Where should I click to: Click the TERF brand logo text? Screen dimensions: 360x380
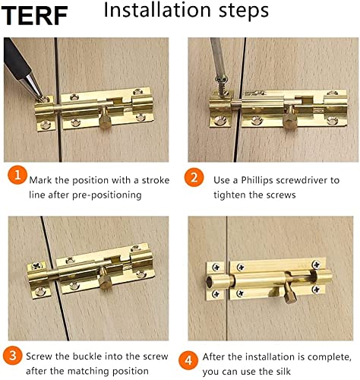[x=34, y=15]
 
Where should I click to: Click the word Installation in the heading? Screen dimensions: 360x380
[x=157, y=10]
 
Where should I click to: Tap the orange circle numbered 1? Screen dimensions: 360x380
[x=17, y=175]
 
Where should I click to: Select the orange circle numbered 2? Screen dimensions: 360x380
[x=194, y=177]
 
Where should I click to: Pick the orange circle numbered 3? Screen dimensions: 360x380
[x=13, y=355]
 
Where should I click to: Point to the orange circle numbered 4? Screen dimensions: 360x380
[x=188, y=360]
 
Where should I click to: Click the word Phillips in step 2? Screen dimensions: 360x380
[x=257, y=180]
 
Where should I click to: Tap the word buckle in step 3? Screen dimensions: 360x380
[x=87, y=356]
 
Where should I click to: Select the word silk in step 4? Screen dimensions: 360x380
[x=282, y=372]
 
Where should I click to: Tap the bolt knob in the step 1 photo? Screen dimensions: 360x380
[x=105, y=118]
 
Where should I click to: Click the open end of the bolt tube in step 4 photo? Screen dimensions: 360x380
[x=210, y=282]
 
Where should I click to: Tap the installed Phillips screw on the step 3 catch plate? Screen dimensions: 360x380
[x=37, y=266]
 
